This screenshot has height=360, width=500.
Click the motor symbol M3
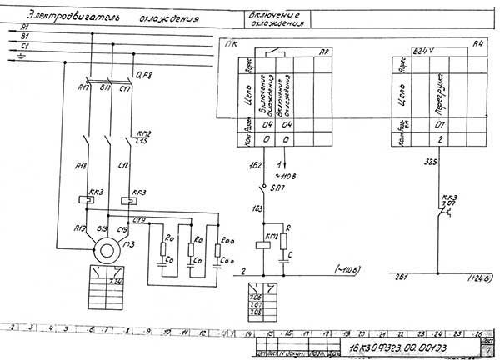pos(106,249)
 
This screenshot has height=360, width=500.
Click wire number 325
pos(430,161)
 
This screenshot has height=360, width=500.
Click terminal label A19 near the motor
pos(79,227)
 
